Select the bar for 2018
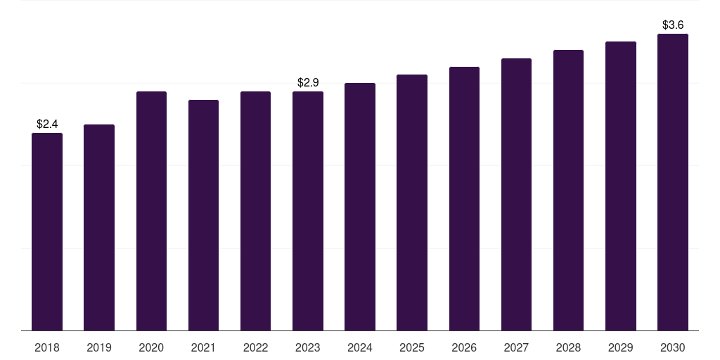(47, 232)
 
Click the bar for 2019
(99, 228)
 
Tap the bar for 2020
(152, 211)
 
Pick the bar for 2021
(203, 215)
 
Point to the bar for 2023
(308, 211)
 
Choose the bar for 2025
(412, 202)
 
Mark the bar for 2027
(516, 195)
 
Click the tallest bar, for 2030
(673, 182)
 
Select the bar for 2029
(621, 186)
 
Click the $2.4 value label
(47, 124)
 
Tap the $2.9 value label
(308, 83)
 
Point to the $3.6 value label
(673, 25)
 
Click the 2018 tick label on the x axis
(47, 347)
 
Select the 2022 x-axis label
(255, 347)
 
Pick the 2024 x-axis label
(360, 347)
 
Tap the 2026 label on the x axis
(464, 347)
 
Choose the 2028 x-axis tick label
(568, 347)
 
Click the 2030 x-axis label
(673, 347)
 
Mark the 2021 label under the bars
(203, 347)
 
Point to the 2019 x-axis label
(99, 347)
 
